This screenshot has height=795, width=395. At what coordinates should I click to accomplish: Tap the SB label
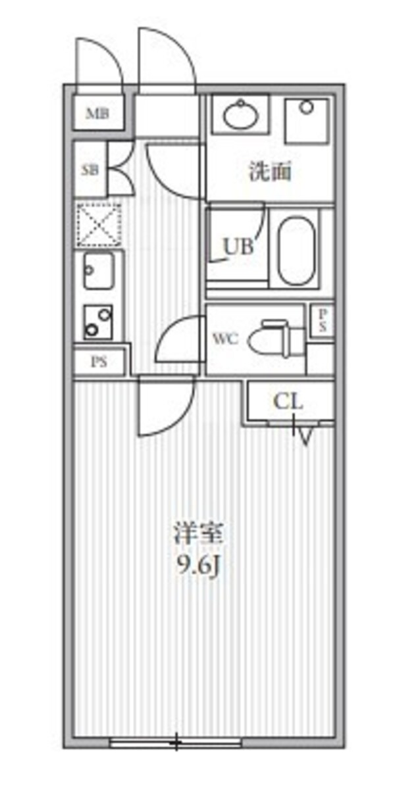(90, 170)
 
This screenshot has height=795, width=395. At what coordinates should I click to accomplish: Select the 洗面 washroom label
(270, 172)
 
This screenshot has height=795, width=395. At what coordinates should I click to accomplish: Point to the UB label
(238, 247)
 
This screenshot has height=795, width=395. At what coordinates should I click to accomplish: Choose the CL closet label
(288, 401)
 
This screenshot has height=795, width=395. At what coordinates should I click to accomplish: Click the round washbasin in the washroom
(240, 116)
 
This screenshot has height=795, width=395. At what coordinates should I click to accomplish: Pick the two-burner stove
(97, 322)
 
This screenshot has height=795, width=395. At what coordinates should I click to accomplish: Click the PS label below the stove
(99, 362)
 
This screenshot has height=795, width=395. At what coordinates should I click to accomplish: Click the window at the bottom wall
(176, 743)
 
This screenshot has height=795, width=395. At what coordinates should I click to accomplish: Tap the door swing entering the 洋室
(165, 411)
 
